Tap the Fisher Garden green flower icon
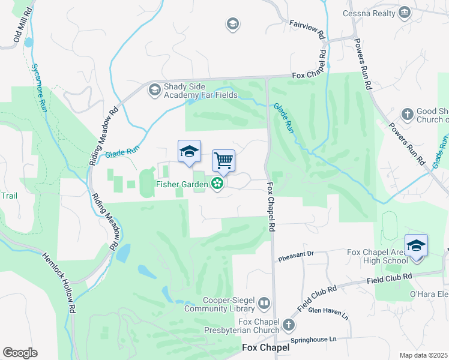(217, 184)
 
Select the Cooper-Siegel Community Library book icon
(264, 304)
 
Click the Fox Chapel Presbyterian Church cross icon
(289, 325)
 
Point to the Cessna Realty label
(369, 13)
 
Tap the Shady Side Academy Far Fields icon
(154, 90)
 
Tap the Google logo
(20, 353)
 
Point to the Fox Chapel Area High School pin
(416, 246)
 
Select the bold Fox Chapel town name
(265, 348)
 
